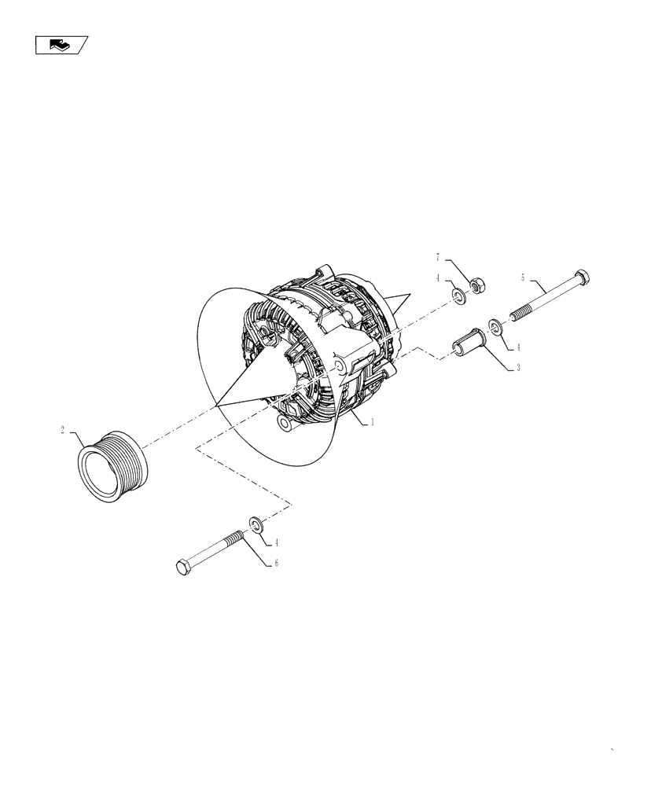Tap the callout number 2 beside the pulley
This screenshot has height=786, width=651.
click(x=62, y=430)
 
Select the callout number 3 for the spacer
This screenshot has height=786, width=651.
click(x=517, y=367)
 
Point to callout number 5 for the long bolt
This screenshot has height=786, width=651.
click(x=523, y=277)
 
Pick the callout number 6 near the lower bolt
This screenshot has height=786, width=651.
click(x=276, y=564)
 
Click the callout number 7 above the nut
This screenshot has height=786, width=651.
click(x=438, y=257)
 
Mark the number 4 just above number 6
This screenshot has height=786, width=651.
click(x=276, y=542)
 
